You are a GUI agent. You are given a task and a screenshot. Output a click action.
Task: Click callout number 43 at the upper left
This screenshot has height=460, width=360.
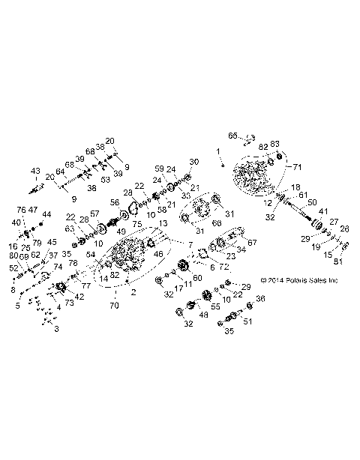click(34, 171)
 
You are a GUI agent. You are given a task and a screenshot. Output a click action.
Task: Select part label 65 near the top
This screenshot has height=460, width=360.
click(232, 136)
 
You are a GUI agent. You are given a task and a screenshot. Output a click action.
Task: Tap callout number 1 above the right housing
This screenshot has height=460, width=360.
click(220, 152)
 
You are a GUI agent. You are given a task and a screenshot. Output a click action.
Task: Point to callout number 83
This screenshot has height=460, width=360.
click(275, 145)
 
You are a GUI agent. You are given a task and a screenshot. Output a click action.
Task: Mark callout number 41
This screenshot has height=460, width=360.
click(323, 212)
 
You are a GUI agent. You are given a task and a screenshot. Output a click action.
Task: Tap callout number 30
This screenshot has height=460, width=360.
click(193, 163)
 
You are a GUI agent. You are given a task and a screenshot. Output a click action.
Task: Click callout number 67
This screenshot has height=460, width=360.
click(252, 242)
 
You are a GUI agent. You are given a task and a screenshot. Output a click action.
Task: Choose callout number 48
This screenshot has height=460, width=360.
click(184, 315)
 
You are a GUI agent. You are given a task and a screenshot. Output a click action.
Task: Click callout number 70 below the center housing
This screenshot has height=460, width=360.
click(114, 306)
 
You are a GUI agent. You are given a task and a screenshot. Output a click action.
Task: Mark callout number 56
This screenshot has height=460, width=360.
click(115, 202)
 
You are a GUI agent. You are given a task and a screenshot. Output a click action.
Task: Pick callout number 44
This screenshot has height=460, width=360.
click(46, 214)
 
